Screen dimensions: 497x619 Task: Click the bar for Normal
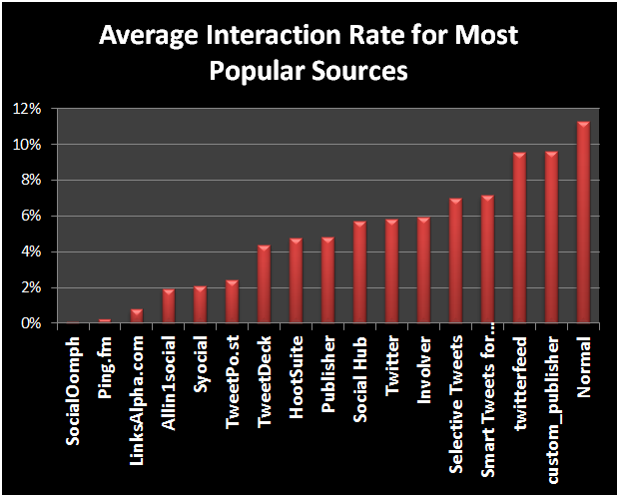pos(584,223)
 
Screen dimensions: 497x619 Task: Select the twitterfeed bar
pos(519,239)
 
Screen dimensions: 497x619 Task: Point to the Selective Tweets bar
pos(455,261)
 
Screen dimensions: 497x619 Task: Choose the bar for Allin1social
pos(168,306)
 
